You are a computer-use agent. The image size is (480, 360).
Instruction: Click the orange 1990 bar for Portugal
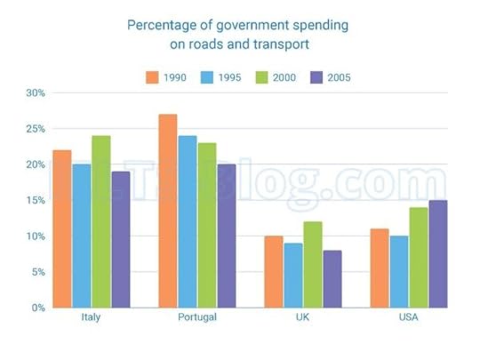168,211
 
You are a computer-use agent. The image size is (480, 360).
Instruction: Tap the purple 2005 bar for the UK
332,279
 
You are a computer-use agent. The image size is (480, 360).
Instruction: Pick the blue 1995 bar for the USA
399,272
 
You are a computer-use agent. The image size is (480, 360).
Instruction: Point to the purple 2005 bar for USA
438,254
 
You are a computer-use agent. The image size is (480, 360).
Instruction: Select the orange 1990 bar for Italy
61,228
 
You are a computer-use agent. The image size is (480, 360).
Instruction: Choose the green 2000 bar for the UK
312,265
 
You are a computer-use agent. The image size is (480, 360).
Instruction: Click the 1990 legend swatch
152,77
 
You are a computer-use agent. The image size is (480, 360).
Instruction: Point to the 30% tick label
35,92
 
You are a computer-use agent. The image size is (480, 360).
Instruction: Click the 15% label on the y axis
35,200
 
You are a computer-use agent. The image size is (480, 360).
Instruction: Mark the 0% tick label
37,308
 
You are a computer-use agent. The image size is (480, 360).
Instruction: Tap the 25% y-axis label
35,128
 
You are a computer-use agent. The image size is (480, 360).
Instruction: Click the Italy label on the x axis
90,318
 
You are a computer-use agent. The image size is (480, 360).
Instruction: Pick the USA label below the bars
410,318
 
